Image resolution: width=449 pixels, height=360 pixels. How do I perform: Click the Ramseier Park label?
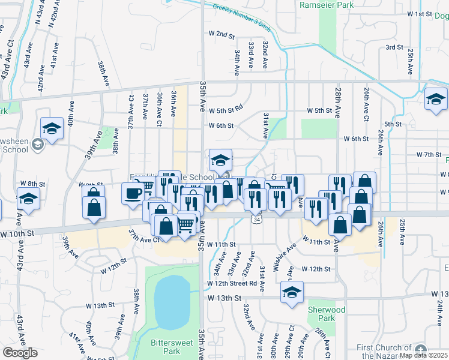click(x=327, y=4)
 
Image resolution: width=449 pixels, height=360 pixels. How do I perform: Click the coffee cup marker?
click(x=133, y=193)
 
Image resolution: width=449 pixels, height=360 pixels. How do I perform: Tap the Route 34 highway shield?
click(x=256, y=221)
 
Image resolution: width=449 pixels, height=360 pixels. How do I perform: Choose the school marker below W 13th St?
click(x=292, y=292)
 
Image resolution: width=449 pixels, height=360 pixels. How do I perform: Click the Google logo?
click(x=20, y=352)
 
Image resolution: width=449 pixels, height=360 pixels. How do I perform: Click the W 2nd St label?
click(x=221, y=35)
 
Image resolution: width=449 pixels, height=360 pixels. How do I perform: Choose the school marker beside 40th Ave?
click(x=52, y=128)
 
